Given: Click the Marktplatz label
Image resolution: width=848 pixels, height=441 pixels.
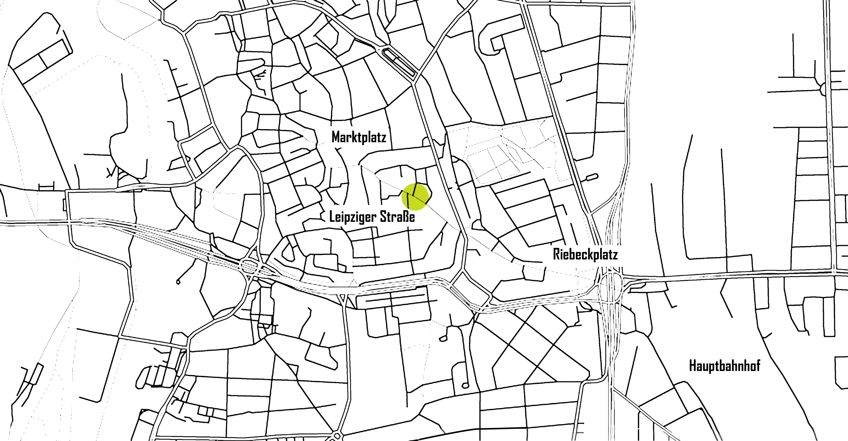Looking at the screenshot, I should click(359, 138).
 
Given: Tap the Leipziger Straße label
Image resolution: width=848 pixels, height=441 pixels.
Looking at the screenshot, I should click(372, 218).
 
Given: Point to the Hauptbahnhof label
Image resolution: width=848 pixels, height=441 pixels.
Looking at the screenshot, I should click(724, 366).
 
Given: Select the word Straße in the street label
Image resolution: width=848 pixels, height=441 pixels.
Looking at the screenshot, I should click(396, 218).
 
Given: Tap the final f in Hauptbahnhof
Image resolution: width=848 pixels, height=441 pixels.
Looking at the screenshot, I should click(756, 366).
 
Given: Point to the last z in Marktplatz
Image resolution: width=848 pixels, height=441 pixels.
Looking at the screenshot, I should click(383, 138).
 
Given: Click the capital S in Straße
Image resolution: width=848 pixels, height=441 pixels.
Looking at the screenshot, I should click(383, 218).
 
